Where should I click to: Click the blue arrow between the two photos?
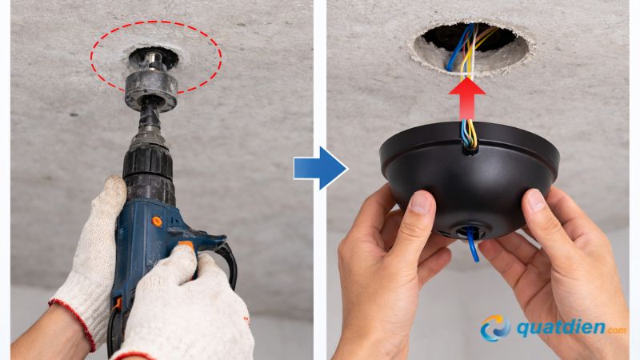click(322, 167)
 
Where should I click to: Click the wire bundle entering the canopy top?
click(468, 134)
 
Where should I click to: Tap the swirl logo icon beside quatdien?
click(495, 328)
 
